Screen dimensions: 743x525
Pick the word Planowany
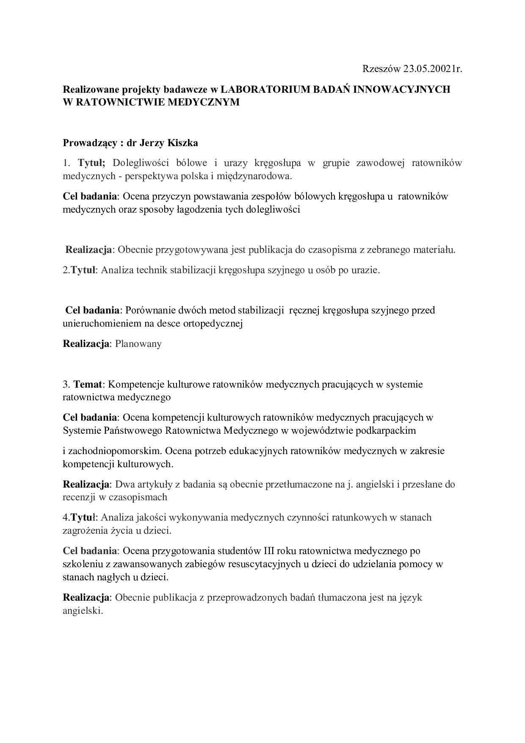click(x=138, y=344)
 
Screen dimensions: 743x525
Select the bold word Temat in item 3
click(x=88, y=384)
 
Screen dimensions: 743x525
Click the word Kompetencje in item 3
click(x=135, y=384)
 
